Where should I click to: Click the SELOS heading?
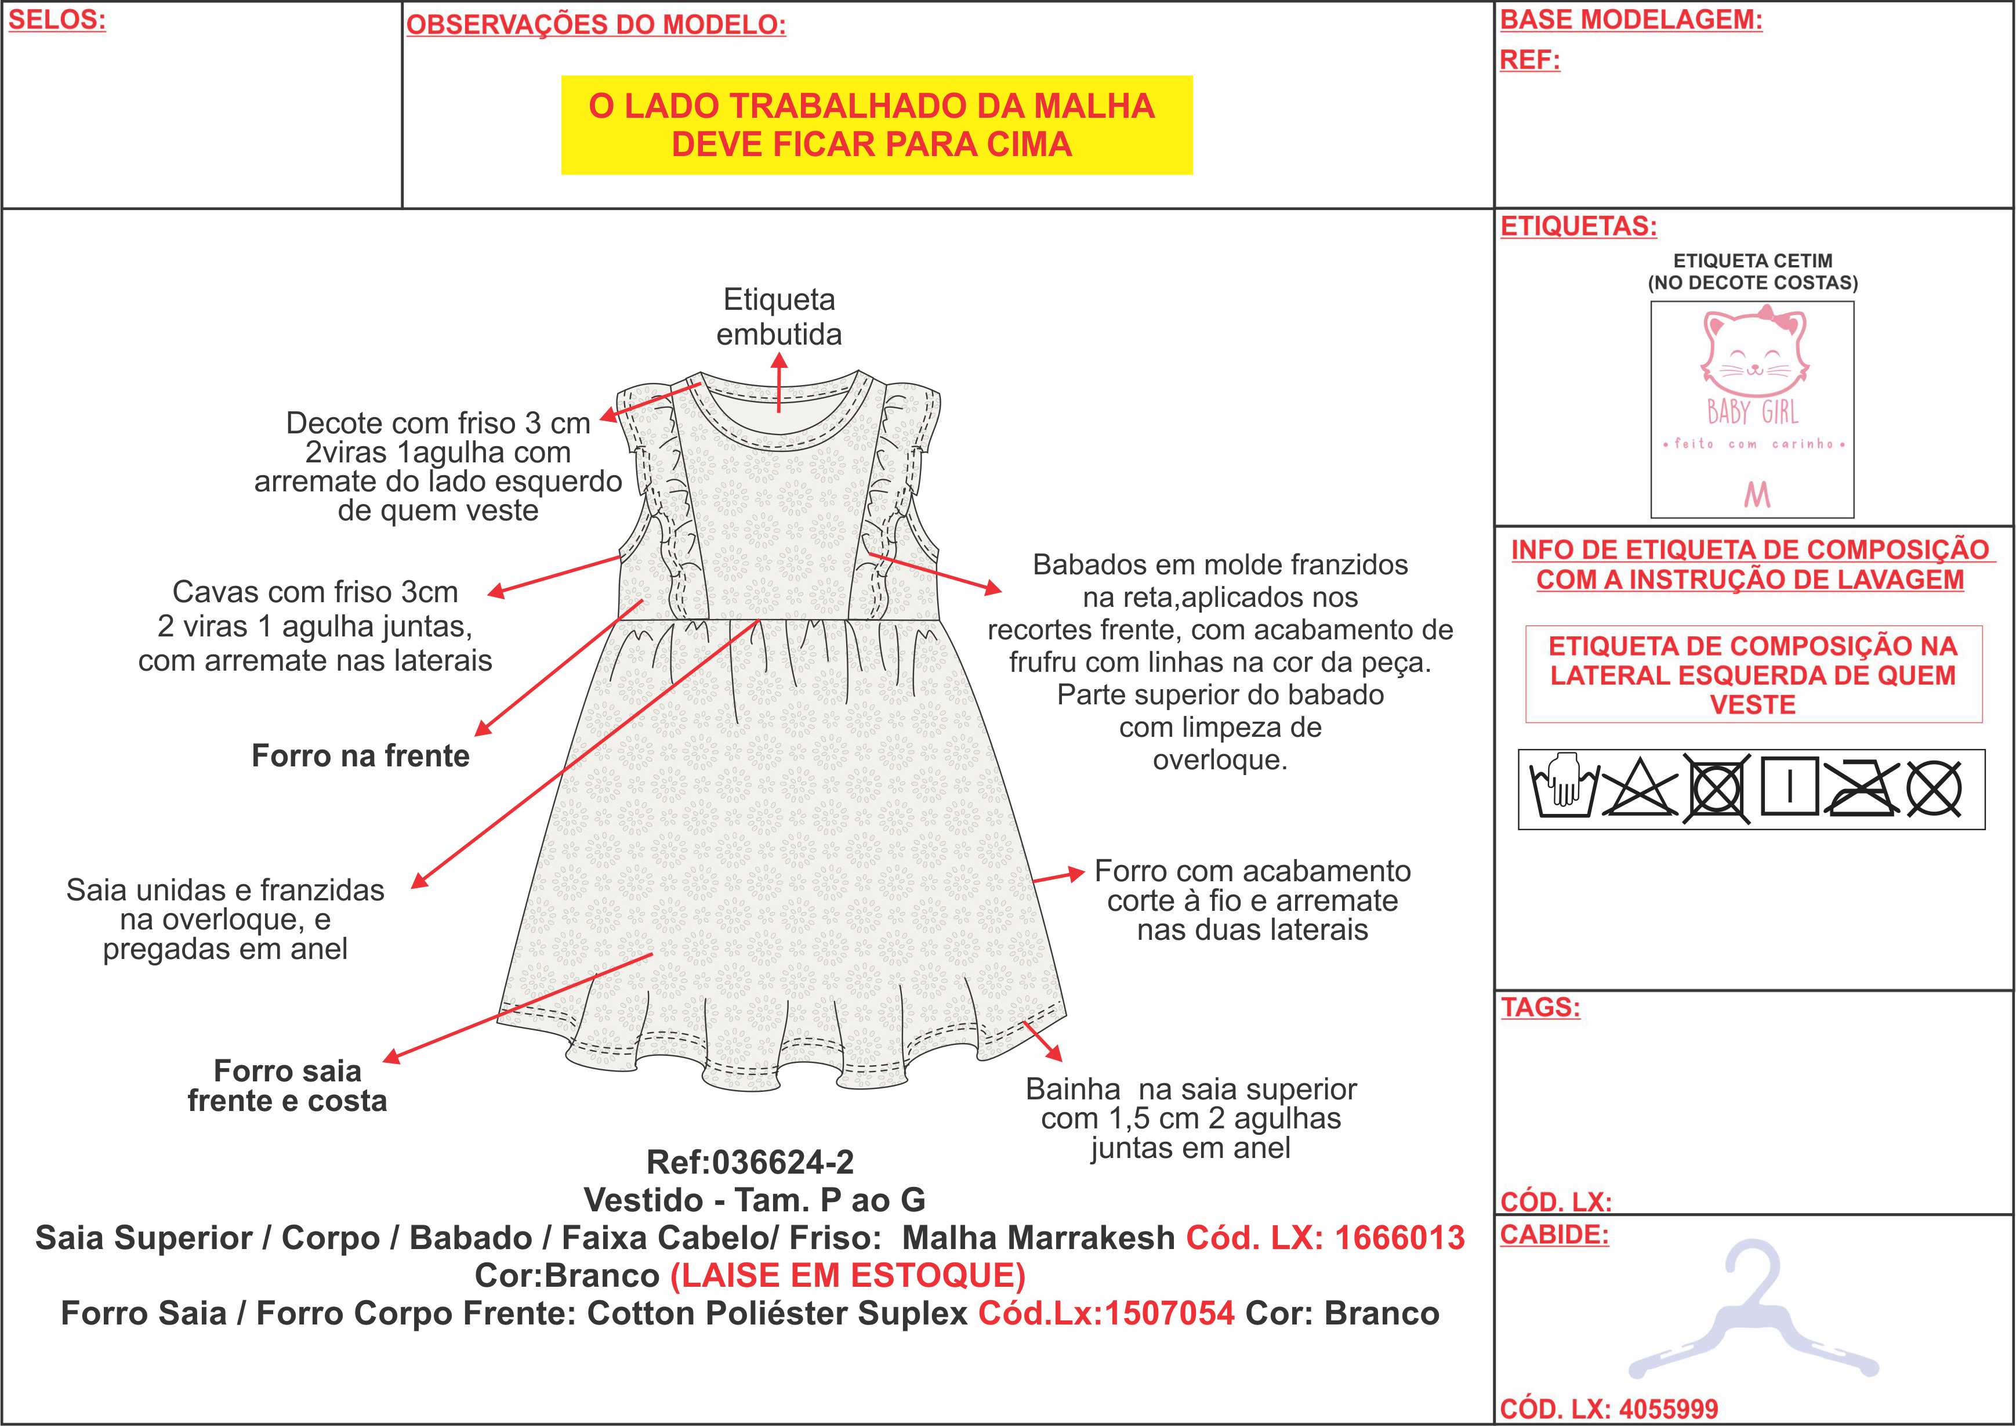(57, 20)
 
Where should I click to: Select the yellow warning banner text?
(872, 125)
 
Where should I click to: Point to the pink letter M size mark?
(1757, 495)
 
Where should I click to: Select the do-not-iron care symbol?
(1862, 788)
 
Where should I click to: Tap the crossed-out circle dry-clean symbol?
(1934, 788)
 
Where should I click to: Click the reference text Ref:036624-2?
(750, 1161)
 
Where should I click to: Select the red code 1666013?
(1399, 1237)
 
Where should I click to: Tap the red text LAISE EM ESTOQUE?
(848, 1275)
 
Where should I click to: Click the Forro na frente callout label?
(361, 755)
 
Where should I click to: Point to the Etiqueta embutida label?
(779, 316)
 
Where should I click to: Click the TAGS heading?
(1540, 1007)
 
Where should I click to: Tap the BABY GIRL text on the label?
(1753, 412)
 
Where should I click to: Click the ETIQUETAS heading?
(1579, 226)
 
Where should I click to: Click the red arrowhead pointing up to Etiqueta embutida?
(779, 361)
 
